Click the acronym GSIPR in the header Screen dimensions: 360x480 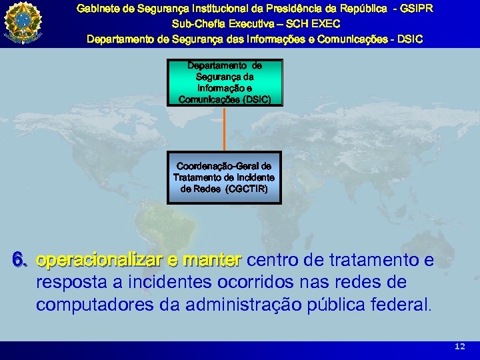click(415, 9)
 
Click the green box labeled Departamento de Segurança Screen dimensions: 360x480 click(225, 83)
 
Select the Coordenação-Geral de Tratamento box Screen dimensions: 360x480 click(224, 177)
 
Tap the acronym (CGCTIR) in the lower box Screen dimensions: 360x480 click(247, 189)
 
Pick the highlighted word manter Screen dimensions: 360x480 click(211, 259)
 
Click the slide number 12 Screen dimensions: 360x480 click(459, 347)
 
